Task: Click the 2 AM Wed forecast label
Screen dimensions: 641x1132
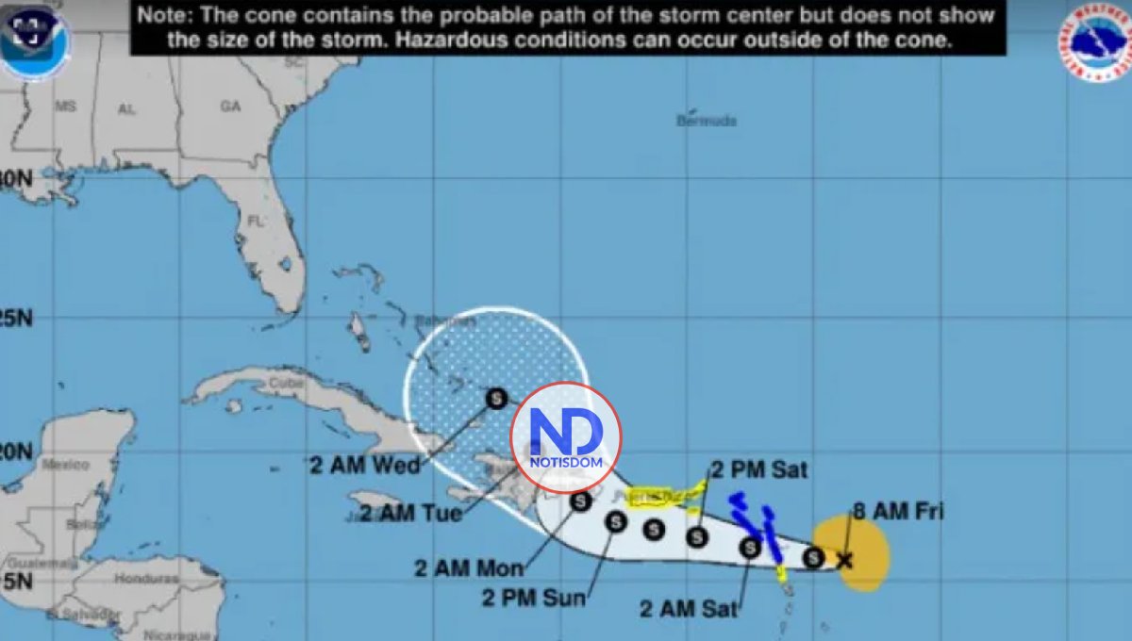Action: tap(364, 464)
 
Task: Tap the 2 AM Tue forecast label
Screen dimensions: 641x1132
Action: tap(410, 514)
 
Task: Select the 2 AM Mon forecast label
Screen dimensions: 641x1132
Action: tap(467, 567)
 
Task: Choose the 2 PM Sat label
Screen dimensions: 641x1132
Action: tap(758, 468)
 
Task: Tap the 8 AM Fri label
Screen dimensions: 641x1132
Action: tap(897, 512)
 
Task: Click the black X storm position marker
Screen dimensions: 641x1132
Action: tap(844, 560)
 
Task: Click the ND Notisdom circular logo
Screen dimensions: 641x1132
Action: tap(566, 437)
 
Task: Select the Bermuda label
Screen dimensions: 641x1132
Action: tap(706, 121)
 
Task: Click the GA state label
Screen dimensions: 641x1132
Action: tap(230, 107)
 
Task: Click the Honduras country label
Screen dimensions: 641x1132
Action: tap(149, 578)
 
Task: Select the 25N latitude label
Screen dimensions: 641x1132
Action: tap(16, 319)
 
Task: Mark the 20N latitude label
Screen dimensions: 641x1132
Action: tap(16, 452)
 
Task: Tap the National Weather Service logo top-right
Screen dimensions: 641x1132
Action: tap(1093, 42)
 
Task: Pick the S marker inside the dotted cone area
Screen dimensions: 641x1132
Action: tap(496, 398)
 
